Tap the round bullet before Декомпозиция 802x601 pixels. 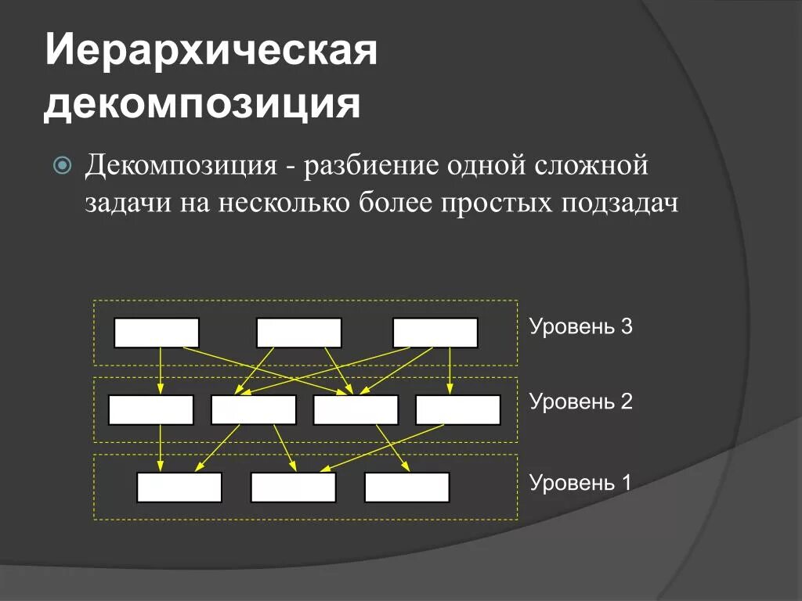[x=63, y=165]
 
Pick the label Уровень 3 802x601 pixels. [x=580, y=326]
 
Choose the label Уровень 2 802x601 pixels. [x=580, y=402]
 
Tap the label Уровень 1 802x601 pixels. [x=580, y=482]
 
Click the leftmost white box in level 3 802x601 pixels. [x=157, y=333]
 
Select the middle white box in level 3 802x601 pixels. [x=299, y=333]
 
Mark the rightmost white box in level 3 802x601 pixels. [x=435, y=333]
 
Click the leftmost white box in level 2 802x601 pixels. [x=151, y=410]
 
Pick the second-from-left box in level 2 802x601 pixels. [x=254, y=410]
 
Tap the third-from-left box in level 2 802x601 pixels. [x=356, y=410]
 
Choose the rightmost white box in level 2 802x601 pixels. [x=458, y=410]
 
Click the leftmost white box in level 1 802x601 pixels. [x=179, y=488]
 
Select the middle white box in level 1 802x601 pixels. [x=293, y=488]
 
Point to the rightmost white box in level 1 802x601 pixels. [x=407, y=488]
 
